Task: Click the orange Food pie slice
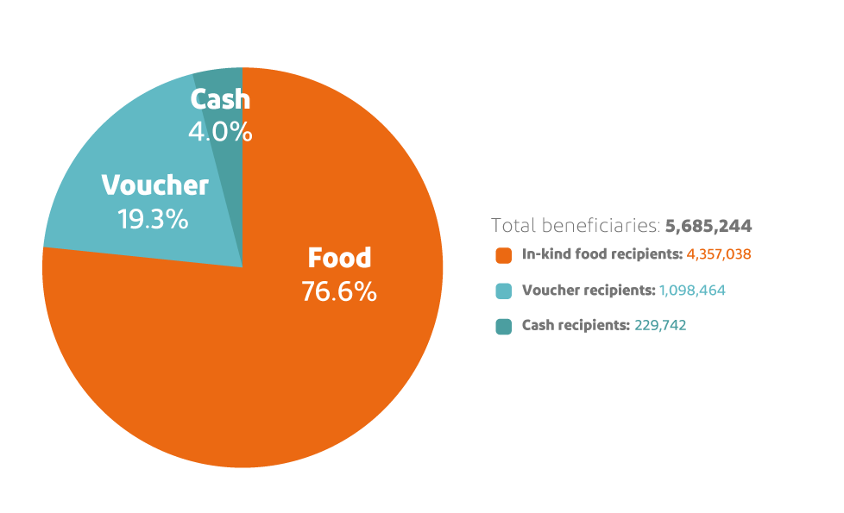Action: pos(285,371)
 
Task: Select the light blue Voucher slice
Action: pos(104,233)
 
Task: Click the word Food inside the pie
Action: pos(339,258)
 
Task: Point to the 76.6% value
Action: pos(339,291)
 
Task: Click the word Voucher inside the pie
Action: pos(154,185)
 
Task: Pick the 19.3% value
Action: pos(153,219)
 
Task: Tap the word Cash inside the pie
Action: pos(220,100)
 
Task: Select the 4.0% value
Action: pos(220,132)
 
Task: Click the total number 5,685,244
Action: pos(709,226)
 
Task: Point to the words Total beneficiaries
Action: pos(576,226)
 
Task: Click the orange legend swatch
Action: pos(504,255)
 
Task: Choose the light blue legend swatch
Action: pos(504,291)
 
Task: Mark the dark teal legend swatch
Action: pos(504,326)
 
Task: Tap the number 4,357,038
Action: pos(720,255)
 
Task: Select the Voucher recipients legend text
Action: pos(589,291)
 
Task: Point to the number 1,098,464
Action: pos(692,291)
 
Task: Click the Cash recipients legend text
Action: pos(576,326)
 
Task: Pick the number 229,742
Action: pos(660,326)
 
